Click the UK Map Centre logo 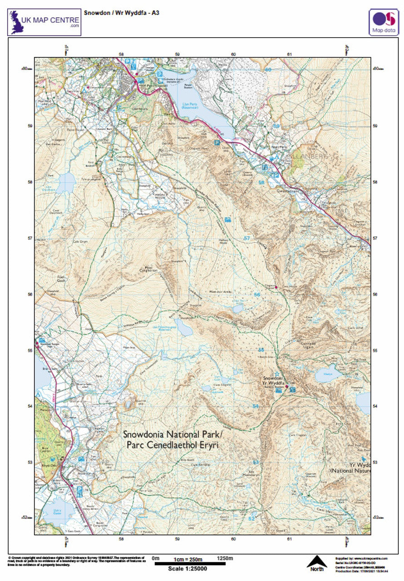pos(44,22)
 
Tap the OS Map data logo pos(383,22)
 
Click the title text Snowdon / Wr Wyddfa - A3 pos(121,13)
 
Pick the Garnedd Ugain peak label pos(310,344)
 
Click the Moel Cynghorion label pos(151,269)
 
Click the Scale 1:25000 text pos(187,568)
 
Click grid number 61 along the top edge pos(289,54)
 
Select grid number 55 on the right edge pos(375,350)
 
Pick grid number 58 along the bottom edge pos(121,539)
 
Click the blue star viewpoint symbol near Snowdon pos(277,373)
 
